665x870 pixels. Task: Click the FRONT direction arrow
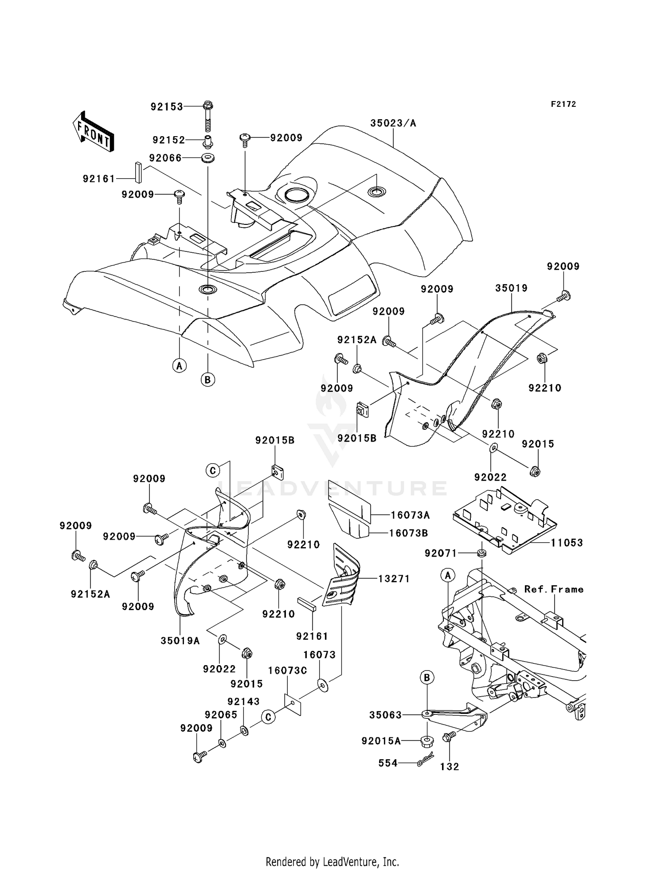click(94, 132)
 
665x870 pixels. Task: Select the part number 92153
click(167, 107)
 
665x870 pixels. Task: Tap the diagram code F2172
click(563, 104)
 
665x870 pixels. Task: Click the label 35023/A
click(393, 123)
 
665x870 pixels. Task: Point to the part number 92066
click(165, 158)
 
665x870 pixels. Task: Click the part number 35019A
click(180, 640)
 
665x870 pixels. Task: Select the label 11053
click(567, 542)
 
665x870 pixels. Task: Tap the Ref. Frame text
click(554, 589)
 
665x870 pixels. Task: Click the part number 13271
click(394, 579)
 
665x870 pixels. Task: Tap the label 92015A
click(381, 741)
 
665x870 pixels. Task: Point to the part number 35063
click(385, 715)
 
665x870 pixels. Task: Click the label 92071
click(441, 553)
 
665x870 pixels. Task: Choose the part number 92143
click(243, 701)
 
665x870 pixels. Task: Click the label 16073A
click(410, 515)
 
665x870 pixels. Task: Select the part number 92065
click(221, 715)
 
